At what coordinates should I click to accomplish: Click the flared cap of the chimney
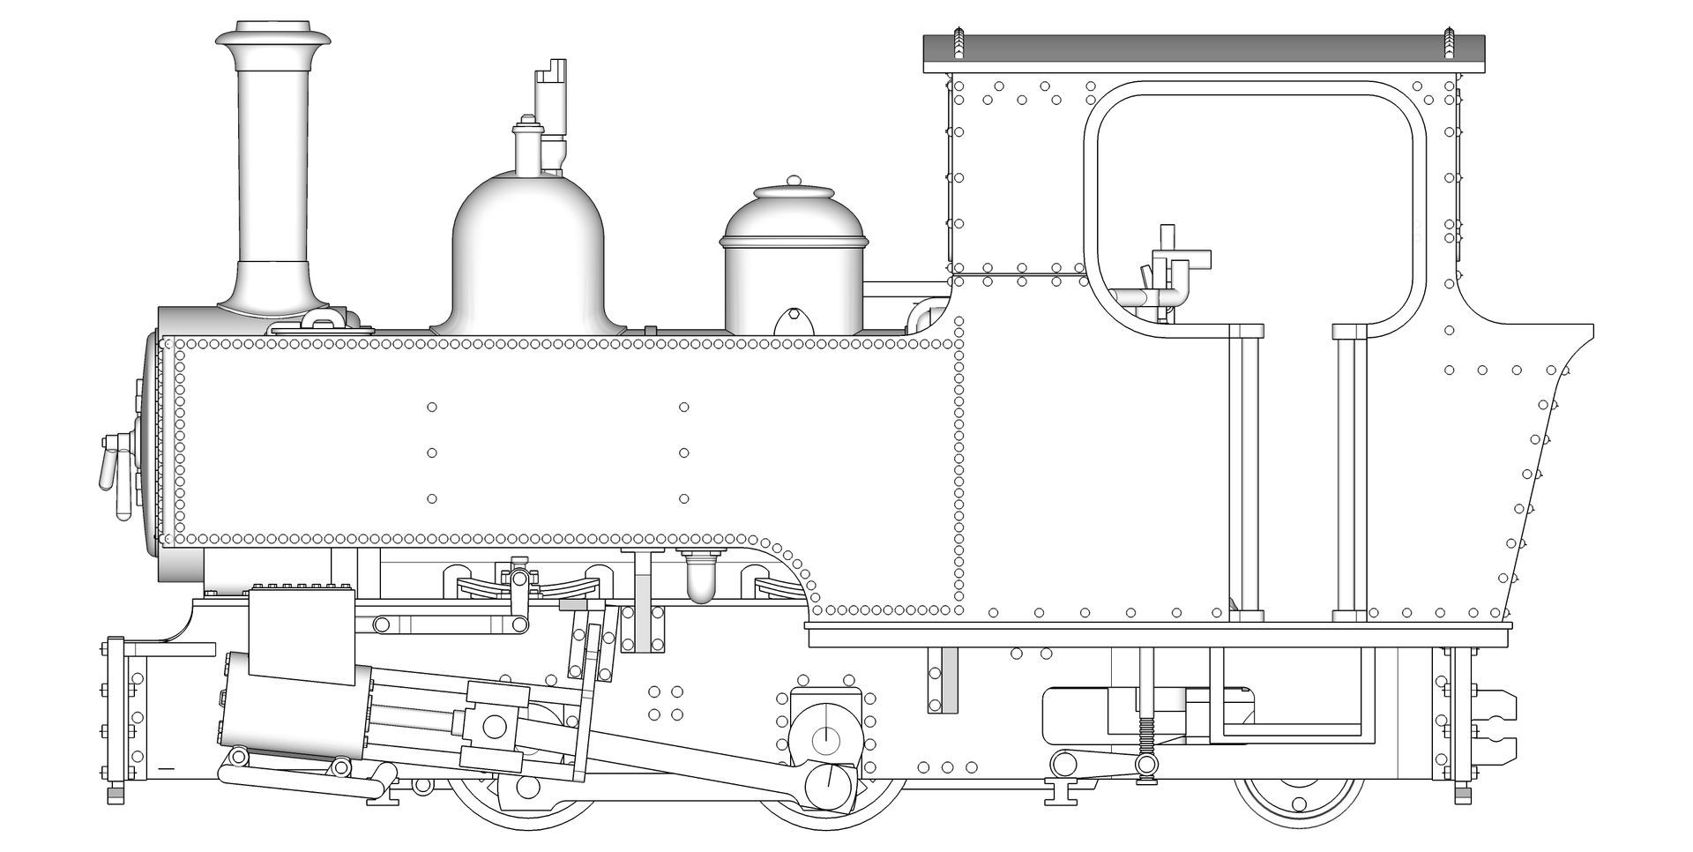coord(273,39)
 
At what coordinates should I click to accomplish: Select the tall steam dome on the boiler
coord(528,256)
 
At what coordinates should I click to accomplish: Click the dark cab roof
coord(1204,53)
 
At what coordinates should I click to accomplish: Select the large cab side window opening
coord(1257,194)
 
